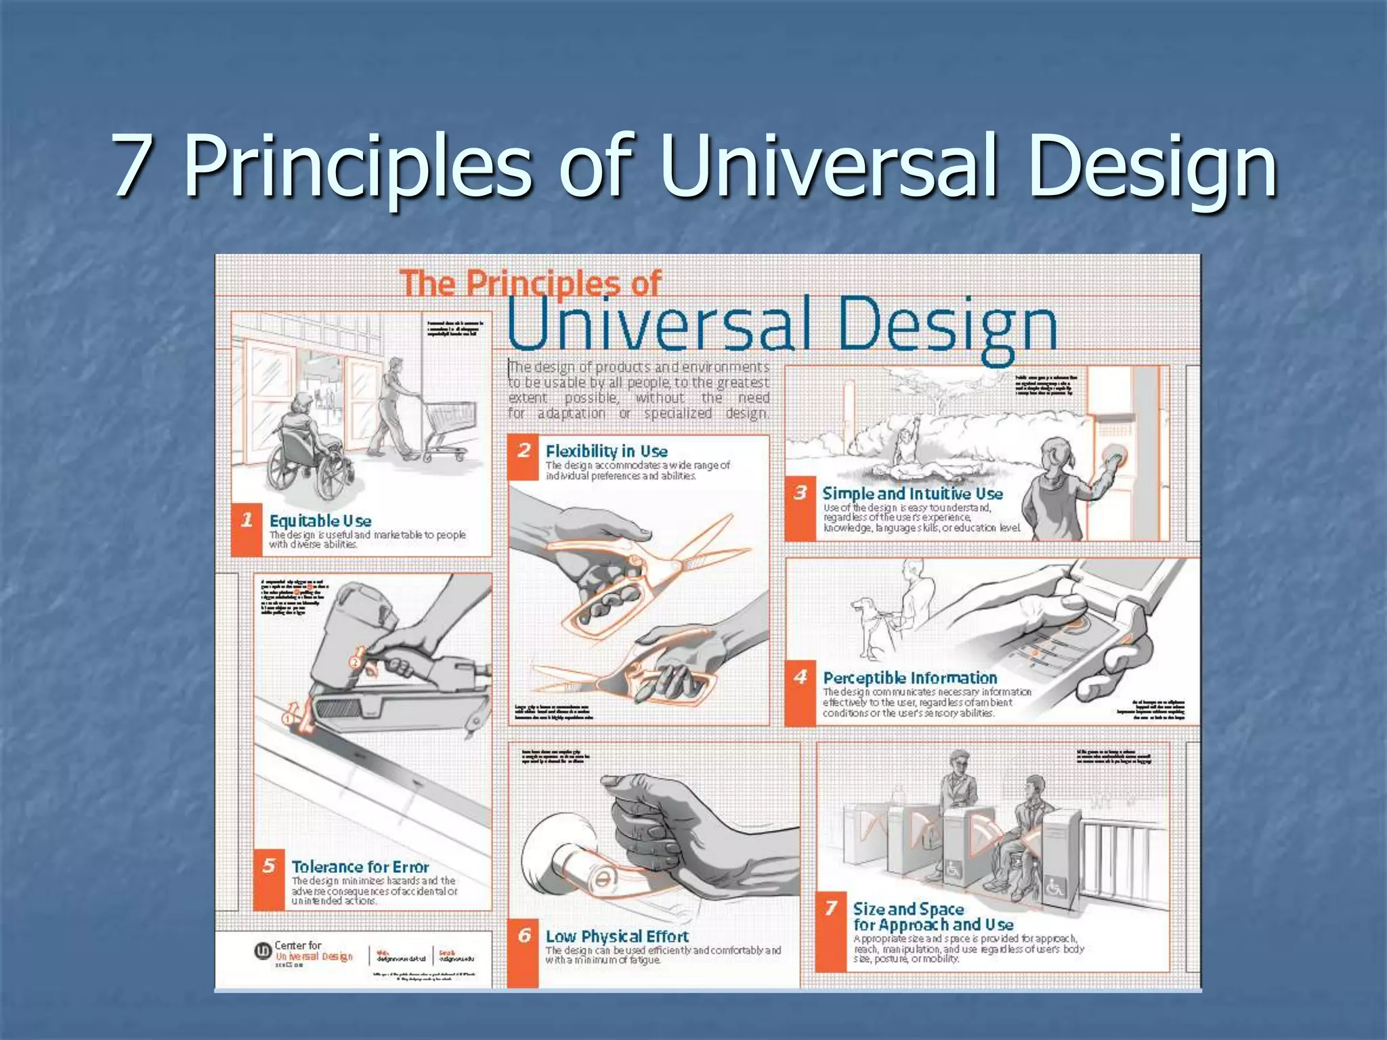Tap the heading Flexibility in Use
pos(606,451)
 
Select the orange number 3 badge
pos(801,493)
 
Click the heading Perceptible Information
pos(910,678)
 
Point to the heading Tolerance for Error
pos(360,867)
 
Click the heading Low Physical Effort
pos(617,936)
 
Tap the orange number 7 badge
pos(831,909)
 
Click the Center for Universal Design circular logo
pos(262,951)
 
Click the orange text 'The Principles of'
pos(530,284)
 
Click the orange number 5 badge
pos(269,866)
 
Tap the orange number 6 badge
pos(524,936)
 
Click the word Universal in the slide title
pos(828,165)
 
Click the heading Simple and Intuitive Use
pos(912,494)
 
